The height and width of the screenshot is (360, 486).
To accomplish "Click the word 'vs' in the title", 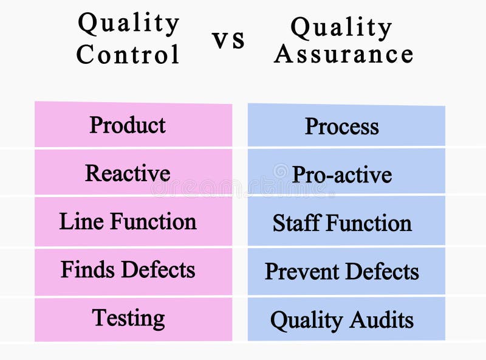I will click(x=228, y=40).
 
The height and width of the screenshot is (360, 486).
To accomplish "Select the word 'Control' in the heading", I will click(x=128, y=55).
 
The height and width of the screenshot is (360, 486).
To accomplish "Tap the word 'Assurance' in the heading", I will click(x=344, y=54).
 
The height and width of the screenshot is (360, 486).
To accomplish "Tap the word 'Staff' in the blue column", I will click(x=296, y=223).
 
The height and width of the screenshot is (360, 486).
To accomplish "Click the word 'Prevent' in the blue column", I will click(x=301, y=272).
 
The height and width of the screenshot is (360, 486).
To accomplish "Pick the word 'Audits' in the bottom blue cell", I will click(x=385, y=320).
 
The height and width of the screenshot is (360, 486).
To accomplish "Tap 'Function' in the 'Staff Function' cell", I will click(x=369, y=223).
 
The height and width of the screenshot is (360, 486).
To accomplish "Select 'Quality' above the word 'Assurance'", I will click(x=341, y=27).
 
